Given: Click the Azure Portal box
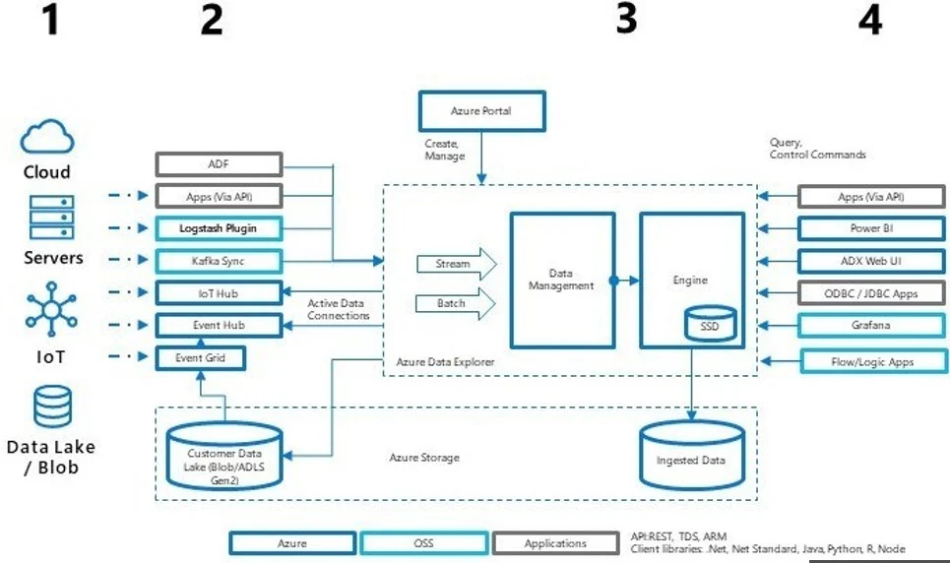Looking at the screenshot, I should click(479, 111).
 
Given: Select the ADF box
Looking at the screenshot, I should click(219, 164).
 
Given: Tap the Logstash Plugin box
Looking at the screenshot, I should click(219, 228).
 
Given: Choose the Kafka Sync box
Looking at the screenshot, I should click(219, 261).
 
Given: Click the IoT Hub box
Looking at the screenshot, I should click(219, 292).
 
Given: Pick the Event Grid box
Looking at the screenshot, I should click(200, 357).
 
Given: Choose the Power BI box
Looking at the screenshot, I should click(870, 228).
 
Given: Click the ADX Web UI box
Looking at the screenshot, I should click(870, 261).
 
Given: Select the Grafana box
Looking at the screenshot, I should click(870, 325).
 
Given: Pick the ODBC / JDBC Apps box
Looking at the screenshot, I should click(870, 292).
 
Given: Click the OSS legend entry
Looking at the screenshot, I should click(423, 542).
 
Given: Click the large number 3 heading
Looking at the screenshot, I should click(626, 20).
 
